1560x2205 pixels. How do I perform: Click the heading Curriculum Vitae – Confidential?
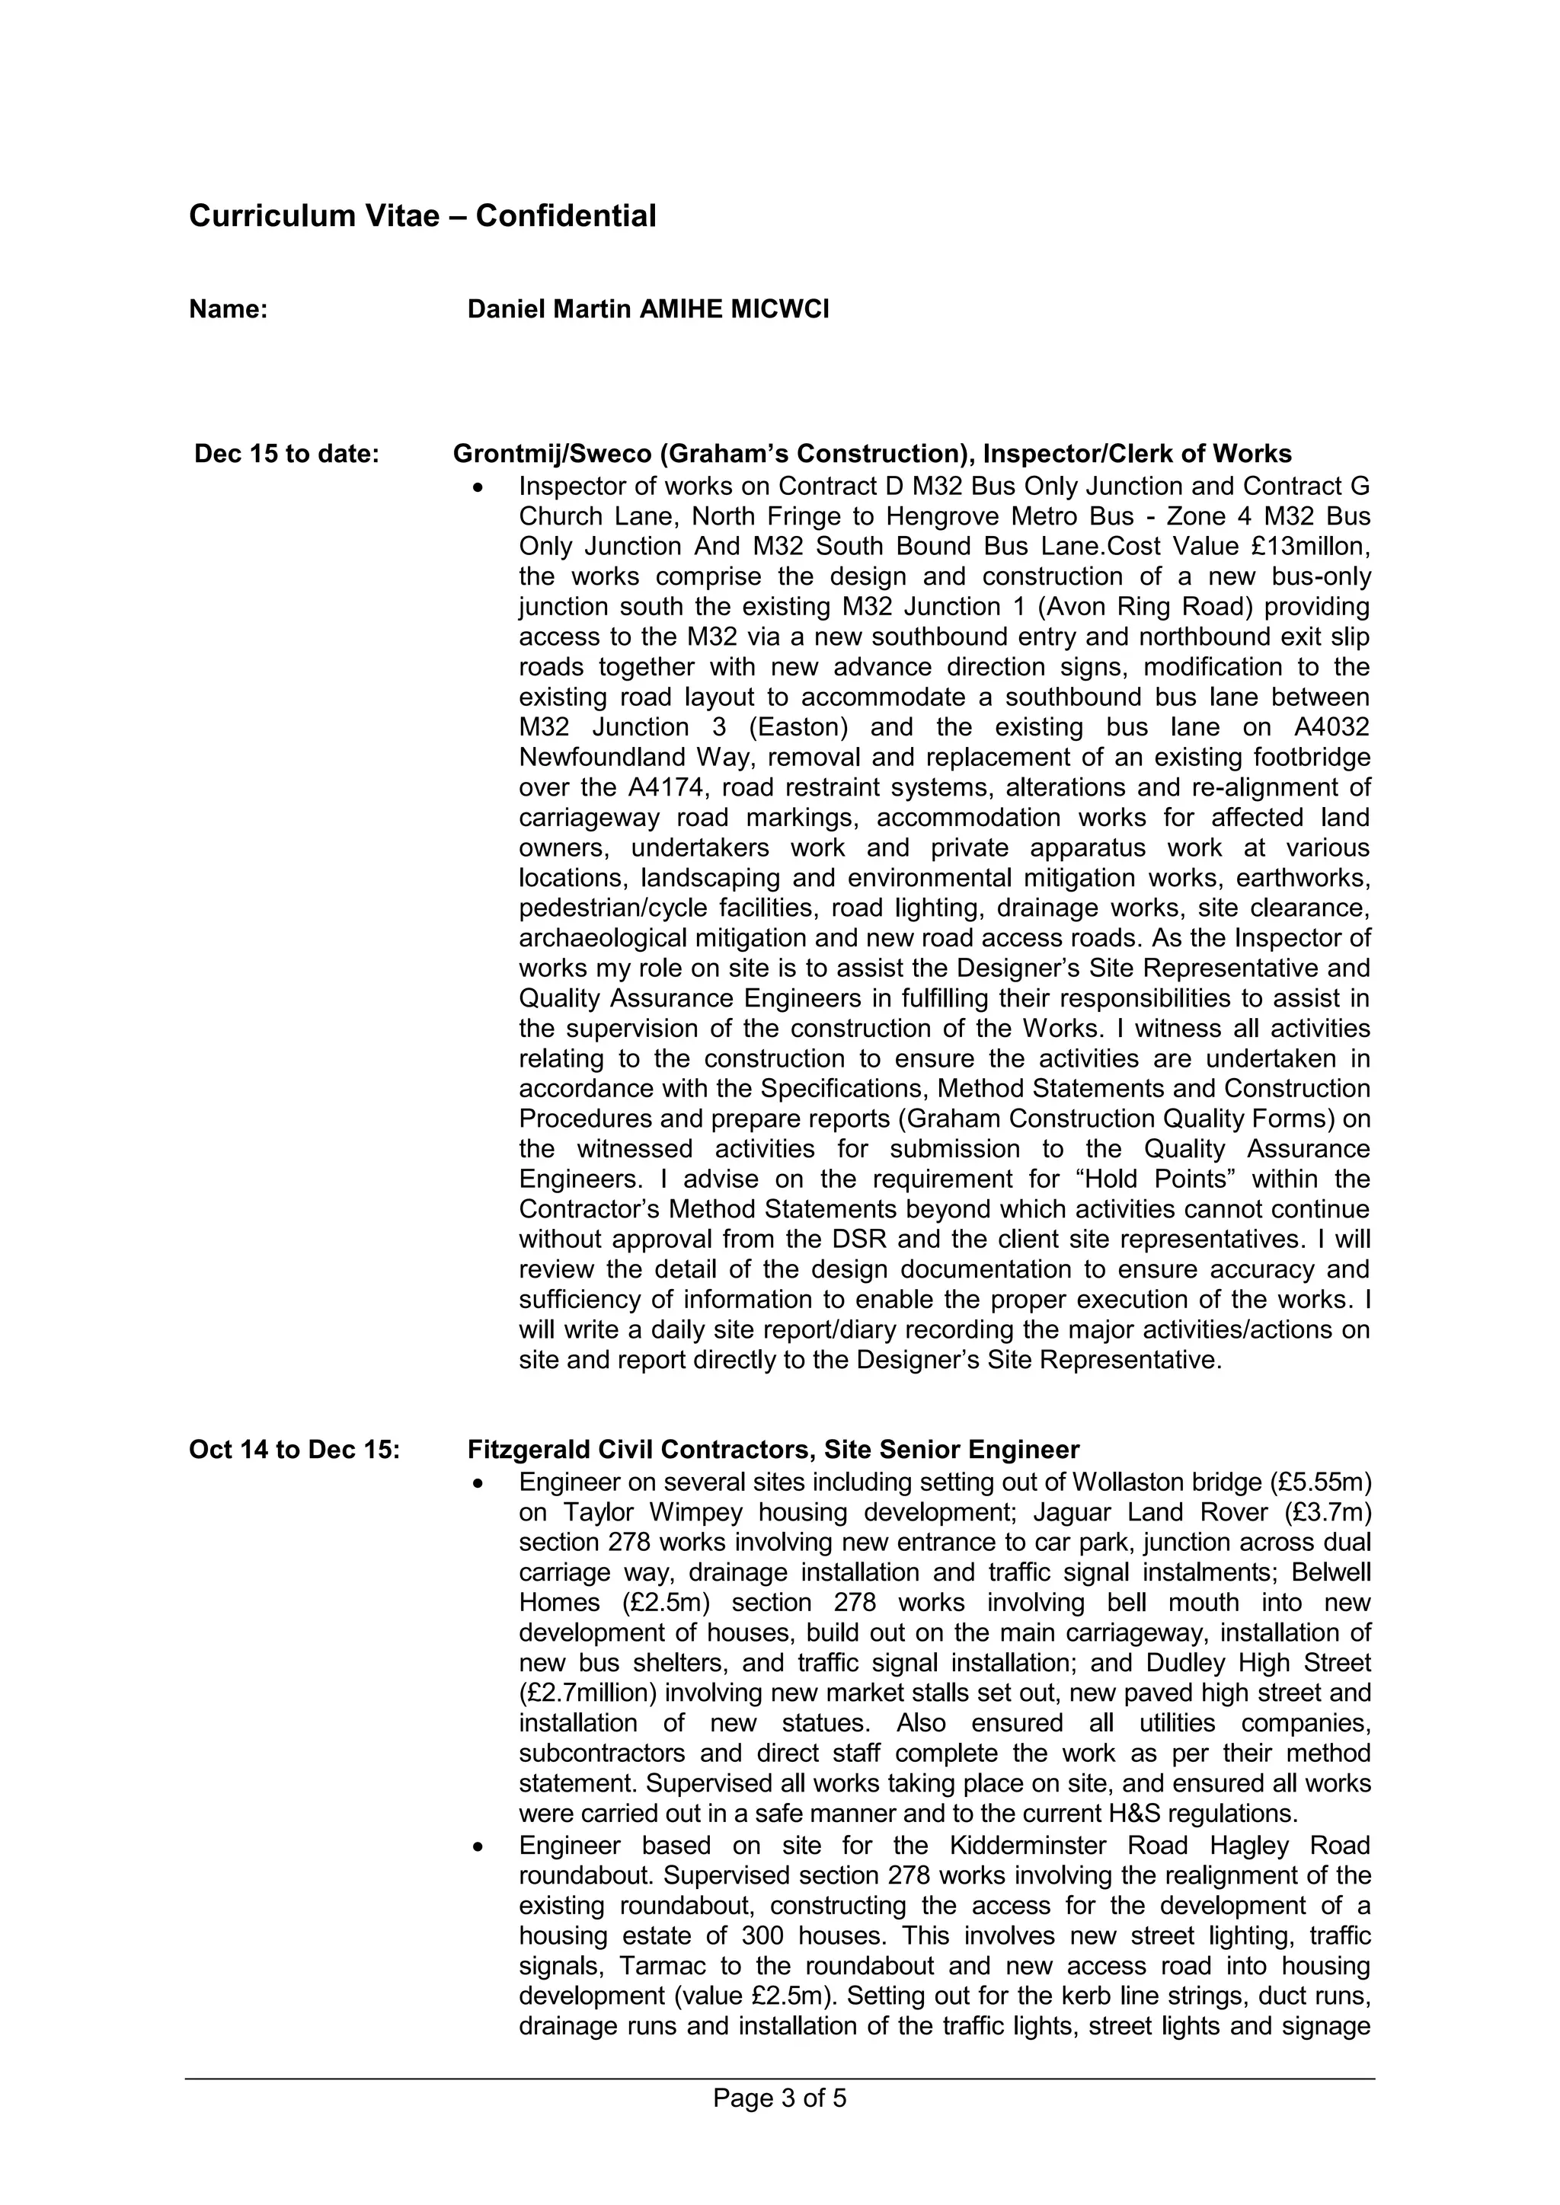pos(423,216)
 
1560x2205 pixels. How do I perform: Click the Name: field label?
pos(228,309)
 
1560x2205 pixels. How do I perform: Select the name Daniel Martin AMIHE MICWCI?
pos(648,309)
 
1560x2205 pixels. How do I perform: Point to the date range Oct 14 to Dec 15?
pos(294,1449)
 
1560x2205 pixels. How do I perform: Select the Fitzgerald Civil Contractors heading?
pos(773,1449)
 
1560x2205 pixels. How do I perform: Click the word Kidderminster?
pos(1031,1846)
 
